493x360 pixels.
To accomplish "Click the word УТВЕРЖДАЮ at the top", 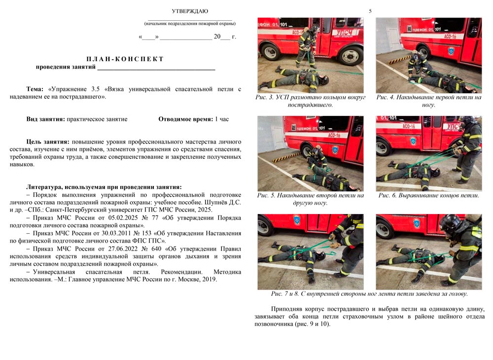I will coord(190,11).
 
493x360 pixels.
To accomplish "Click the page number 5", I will coord(370,11).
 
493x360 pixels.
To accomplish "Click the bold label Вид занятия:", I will coord(46,119).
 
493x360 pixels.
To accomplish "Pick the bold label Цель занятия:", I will coord(47,142).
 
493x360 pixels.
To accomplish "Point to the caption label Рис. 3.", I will coord(265,98).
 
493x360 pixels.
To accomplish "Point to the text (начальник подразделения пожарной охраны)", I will coord(190,23).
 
